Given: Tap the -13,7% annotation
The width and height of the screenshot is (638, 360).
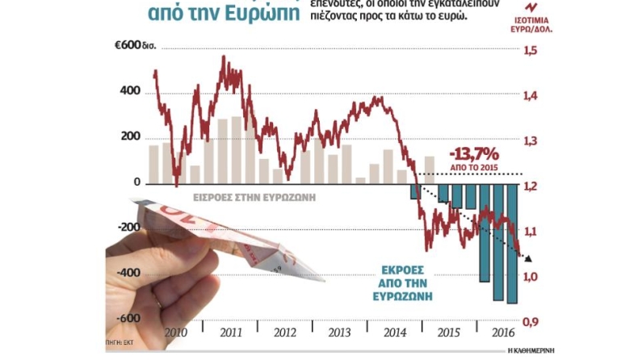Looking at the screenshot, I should click(x=476, y=153).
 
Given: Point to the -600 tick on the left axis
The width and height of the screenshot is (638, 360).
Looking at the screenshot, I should click(x=128, y=319).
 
